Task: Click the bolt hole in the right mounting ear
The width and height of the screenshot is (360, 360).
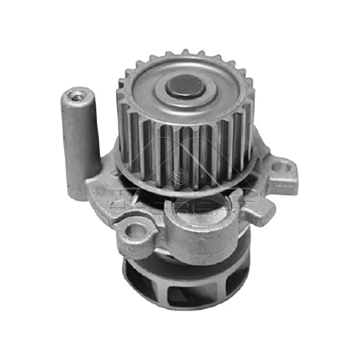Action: pos(282,168)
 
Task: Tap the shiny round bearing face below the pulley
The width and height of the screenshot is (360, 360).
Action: pos(198,211)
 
